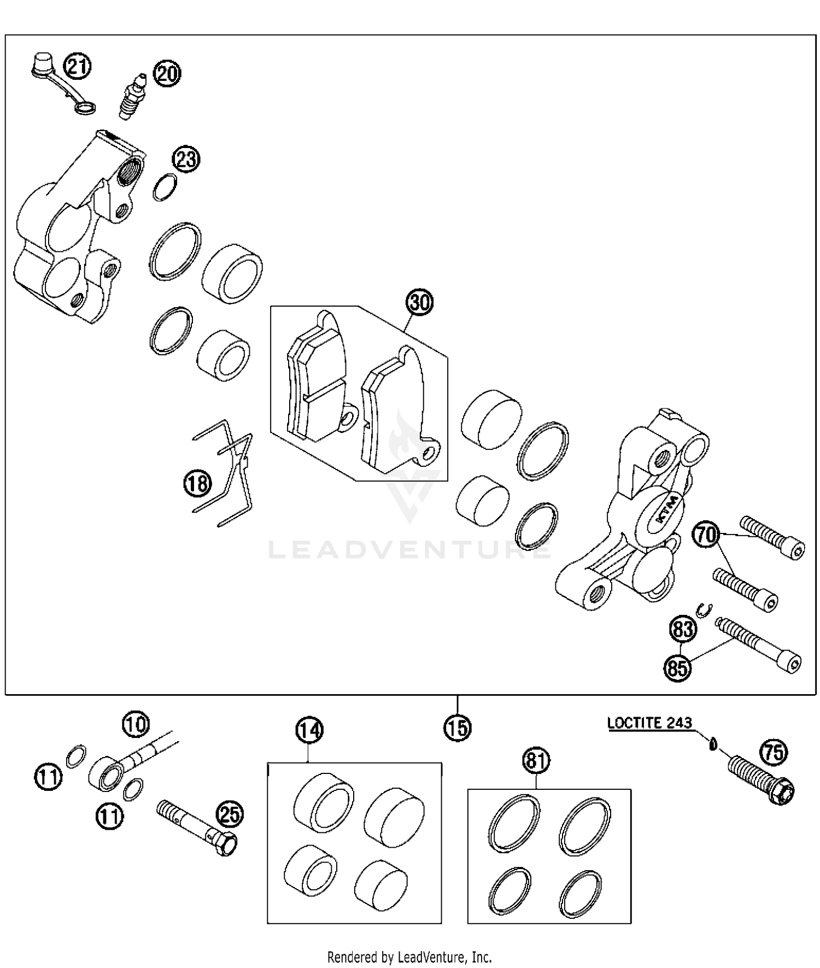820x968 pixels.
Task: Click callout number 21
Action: [77, 67]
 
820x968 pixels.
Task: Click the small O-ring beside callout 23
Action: [164, 187]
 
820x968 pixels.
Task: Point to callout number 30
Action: [419, 302]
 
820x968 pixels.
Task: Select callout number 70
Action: [706, 535]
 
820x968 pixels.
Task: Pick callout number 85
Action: [677, 667]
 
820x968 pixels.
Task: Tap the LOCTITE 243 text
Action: [649, 723]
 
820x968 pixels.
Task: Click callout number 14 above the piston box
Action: [309, 730]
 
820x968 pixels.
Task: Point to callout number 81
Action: [536, 760]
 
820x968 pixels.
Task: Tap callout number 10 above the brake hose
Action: [135, 724]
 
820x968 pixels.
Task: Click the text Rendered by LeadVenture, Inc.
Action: [409, 957]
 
